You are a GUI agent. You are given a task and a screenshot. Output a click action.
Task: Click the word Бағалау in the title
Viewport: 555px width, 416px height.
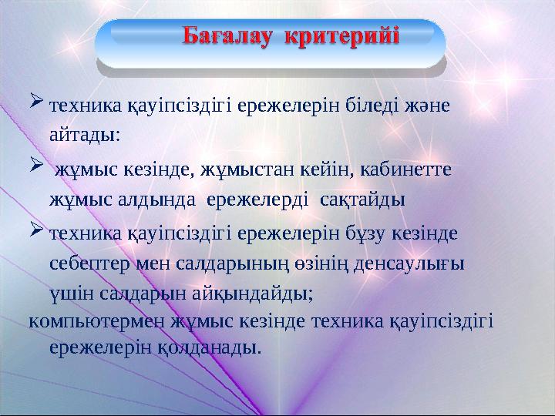(x=230, y=36)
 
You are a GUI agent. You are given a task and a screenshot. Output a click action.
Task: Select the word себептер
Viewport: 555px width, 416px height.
(x=86, y=262)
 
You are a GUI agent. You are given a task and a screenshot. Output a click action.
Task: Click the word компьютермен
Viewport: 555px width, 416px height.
(x=85, y=320)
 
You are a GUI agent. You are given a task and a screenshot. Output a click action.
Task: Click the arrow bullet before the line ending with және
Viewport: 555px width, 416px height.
(x=36, y=102)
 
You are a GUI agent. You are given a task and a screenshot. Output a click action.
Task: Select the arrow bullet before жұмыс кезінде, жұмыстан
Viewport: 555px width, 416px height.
(x=36, y=166)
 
